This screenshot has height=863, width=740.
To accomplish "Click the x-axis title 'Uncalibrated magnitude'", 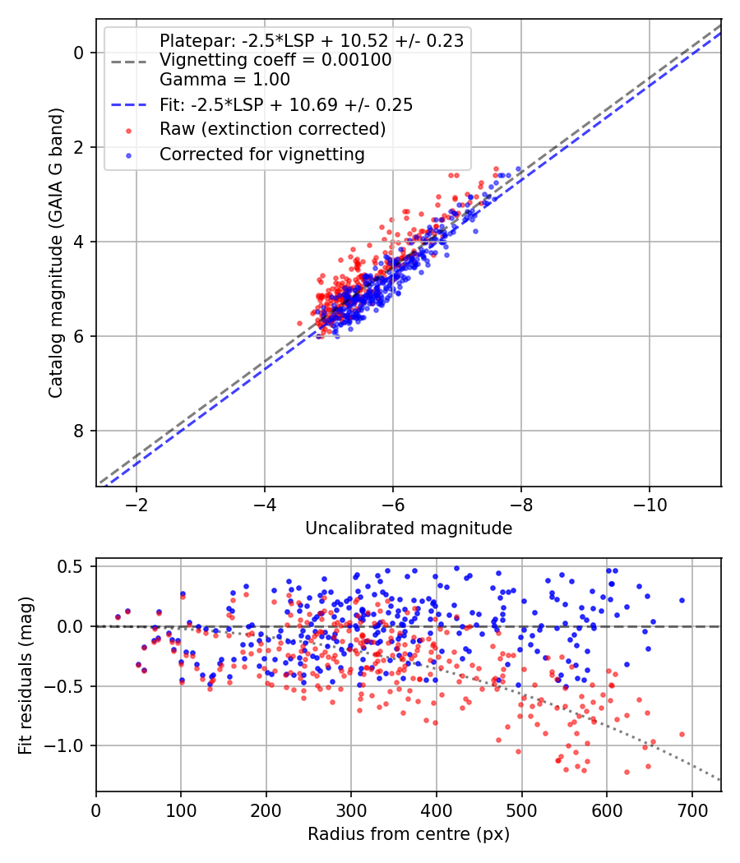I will pyautogui.click(x=409, y=528).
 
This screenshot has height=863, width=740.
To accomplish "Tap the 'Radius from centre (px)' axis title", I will pyautogui.click(x=409, y=834).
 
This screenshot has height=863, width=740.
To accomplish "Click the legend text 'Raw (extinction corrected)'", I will pyautogui.click(x=272, y=129).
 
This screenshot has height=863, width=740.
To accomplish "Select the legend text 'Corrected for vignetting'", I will pyautogui.click(x=261, y=154).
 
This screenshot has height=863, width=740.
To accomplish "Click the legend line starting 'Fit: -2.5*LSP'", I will pyautogui.click(x=286, y=105).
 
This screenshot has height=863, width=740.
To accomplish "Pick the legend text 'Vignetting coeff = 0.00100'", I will pyautogui.click(x=275, y=60).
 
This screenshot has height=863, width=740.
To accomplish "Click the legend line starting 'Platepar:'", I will pyautogui.click(x=311, y=40).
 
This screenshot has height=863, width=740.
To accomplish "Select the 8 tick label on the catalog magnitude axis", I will pyautogui.click(x=80, y=431).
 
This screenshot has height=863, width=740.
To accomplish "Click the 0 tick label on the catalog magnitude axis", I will pyautogui.click(x=80, y=53).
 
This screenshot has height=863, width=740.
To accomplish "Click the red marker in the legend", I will pyautogui.click(x=127, y=130).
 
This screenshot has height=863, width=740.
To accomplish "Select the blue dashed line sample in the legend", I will pyautogui.click(x=127, y=105).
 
